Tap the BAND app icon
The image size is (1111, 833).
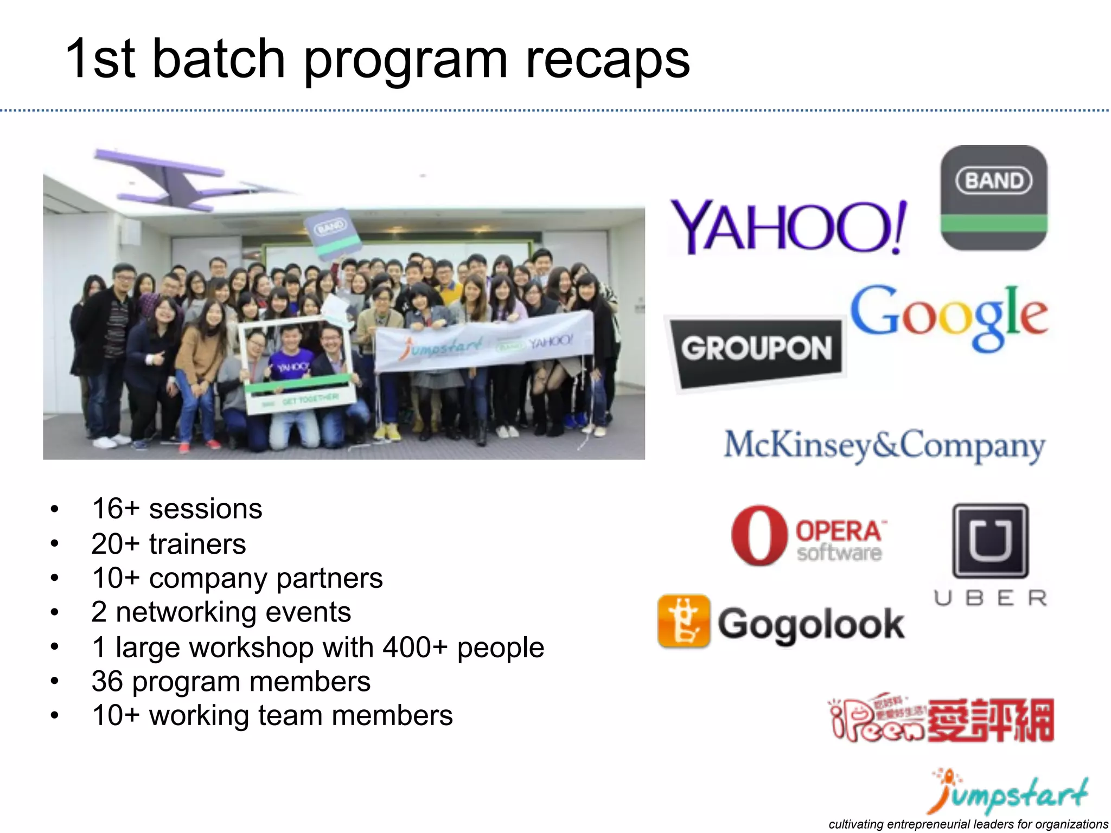[x=993, y=197]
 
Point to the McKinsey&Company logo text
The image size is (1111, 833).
[x=884, y=446]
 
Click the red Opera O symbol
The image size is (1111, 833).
[x=758, y=536]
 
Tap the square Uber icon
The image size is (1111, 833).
[x=991, y=541]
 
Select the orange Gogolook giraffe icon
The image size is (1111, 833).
[x=684, y=621]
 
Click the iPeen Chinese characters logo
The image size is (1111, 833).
[x=991, y=720]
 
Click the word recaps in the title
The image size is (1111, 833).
[x=608, y=60]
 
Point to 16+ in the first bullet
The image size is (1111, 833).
[x=116, y=509]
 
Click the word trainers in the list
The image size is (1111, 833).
[x=197, y=544]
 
